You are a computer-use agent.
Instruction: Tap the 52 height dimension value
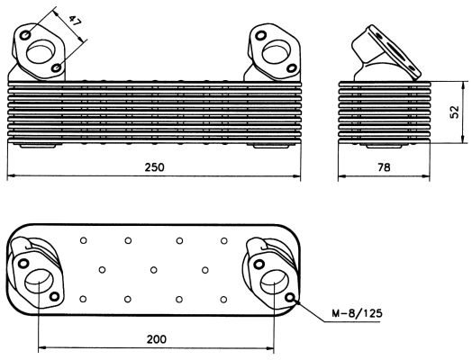click(x=456, y=112)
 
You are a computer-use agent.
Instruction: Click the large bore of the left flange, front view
click(x=42, y=51)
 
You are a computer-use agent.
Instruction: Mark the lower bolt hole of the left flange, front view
click(x=57, y=67)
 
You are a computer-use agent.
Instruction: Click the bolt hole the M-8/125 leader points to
click(x=289, y=297)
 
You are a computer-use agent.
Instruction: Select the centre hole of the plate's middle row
click(x=155, y=269)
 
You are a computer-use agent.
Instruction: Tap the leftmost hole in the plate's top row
click(x=83, y=240)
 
